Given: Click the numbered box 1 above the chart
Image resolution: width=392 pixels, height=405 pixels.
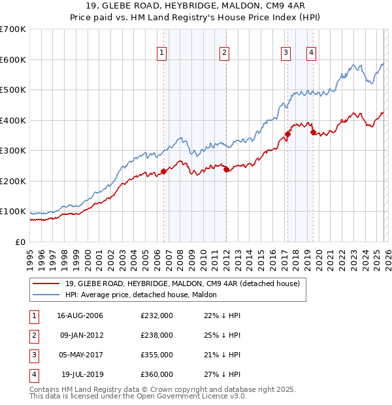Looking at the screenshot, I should point(161,54).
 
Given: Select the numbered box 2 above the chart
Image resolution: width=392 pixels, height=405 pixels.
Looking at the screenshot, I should point(224,54).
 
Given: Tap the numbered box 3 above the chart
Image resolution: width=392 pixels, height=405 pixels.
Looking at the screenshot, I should point(286,54).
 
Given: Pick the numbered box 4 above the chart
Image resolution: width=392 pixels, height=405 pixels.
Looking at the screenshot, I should point(312,54).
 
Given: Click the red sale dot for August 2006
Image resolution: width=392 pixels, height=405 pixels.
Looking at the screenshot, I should point(164,171).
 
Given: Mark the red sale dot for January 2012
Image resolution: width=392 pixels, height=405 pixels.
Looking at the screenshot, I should point(226,169).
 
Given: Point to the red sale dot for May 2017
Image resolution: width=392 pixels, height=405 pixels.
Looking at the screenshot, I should point(287,134).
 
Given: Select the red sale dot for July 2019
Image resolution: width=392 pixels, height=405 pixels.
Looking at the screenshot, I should point(313,132).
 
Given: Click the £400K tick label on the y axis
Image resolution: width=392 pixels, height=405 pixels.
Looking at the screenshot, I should point(12,120).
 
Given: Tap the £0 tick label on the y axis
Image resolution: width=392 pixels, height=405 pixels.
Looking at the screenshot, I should point(20,242).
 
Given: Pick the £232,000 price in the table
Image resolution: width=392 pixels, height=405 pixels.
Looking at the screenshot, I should point(157,316).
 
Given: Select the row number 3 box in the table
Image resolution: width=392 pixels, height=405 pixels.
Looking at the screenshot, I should point(33,355).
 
